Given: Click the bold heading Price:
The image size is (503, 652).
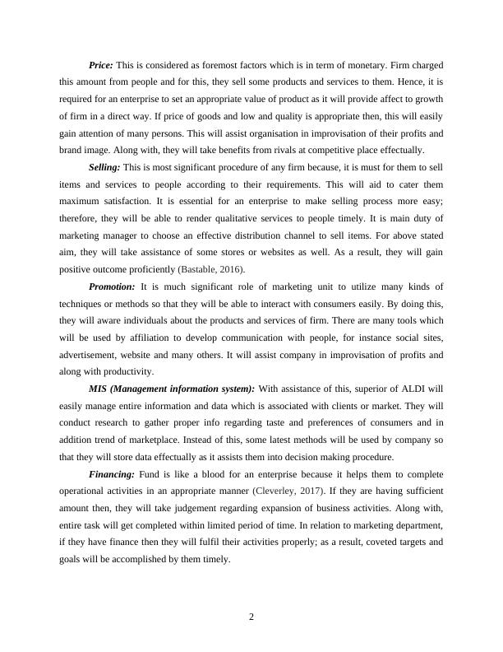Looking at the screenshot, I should [x=101, y=65].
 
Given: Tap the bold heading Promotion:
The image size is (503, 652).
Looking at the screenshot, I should [x=113, y=286].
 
